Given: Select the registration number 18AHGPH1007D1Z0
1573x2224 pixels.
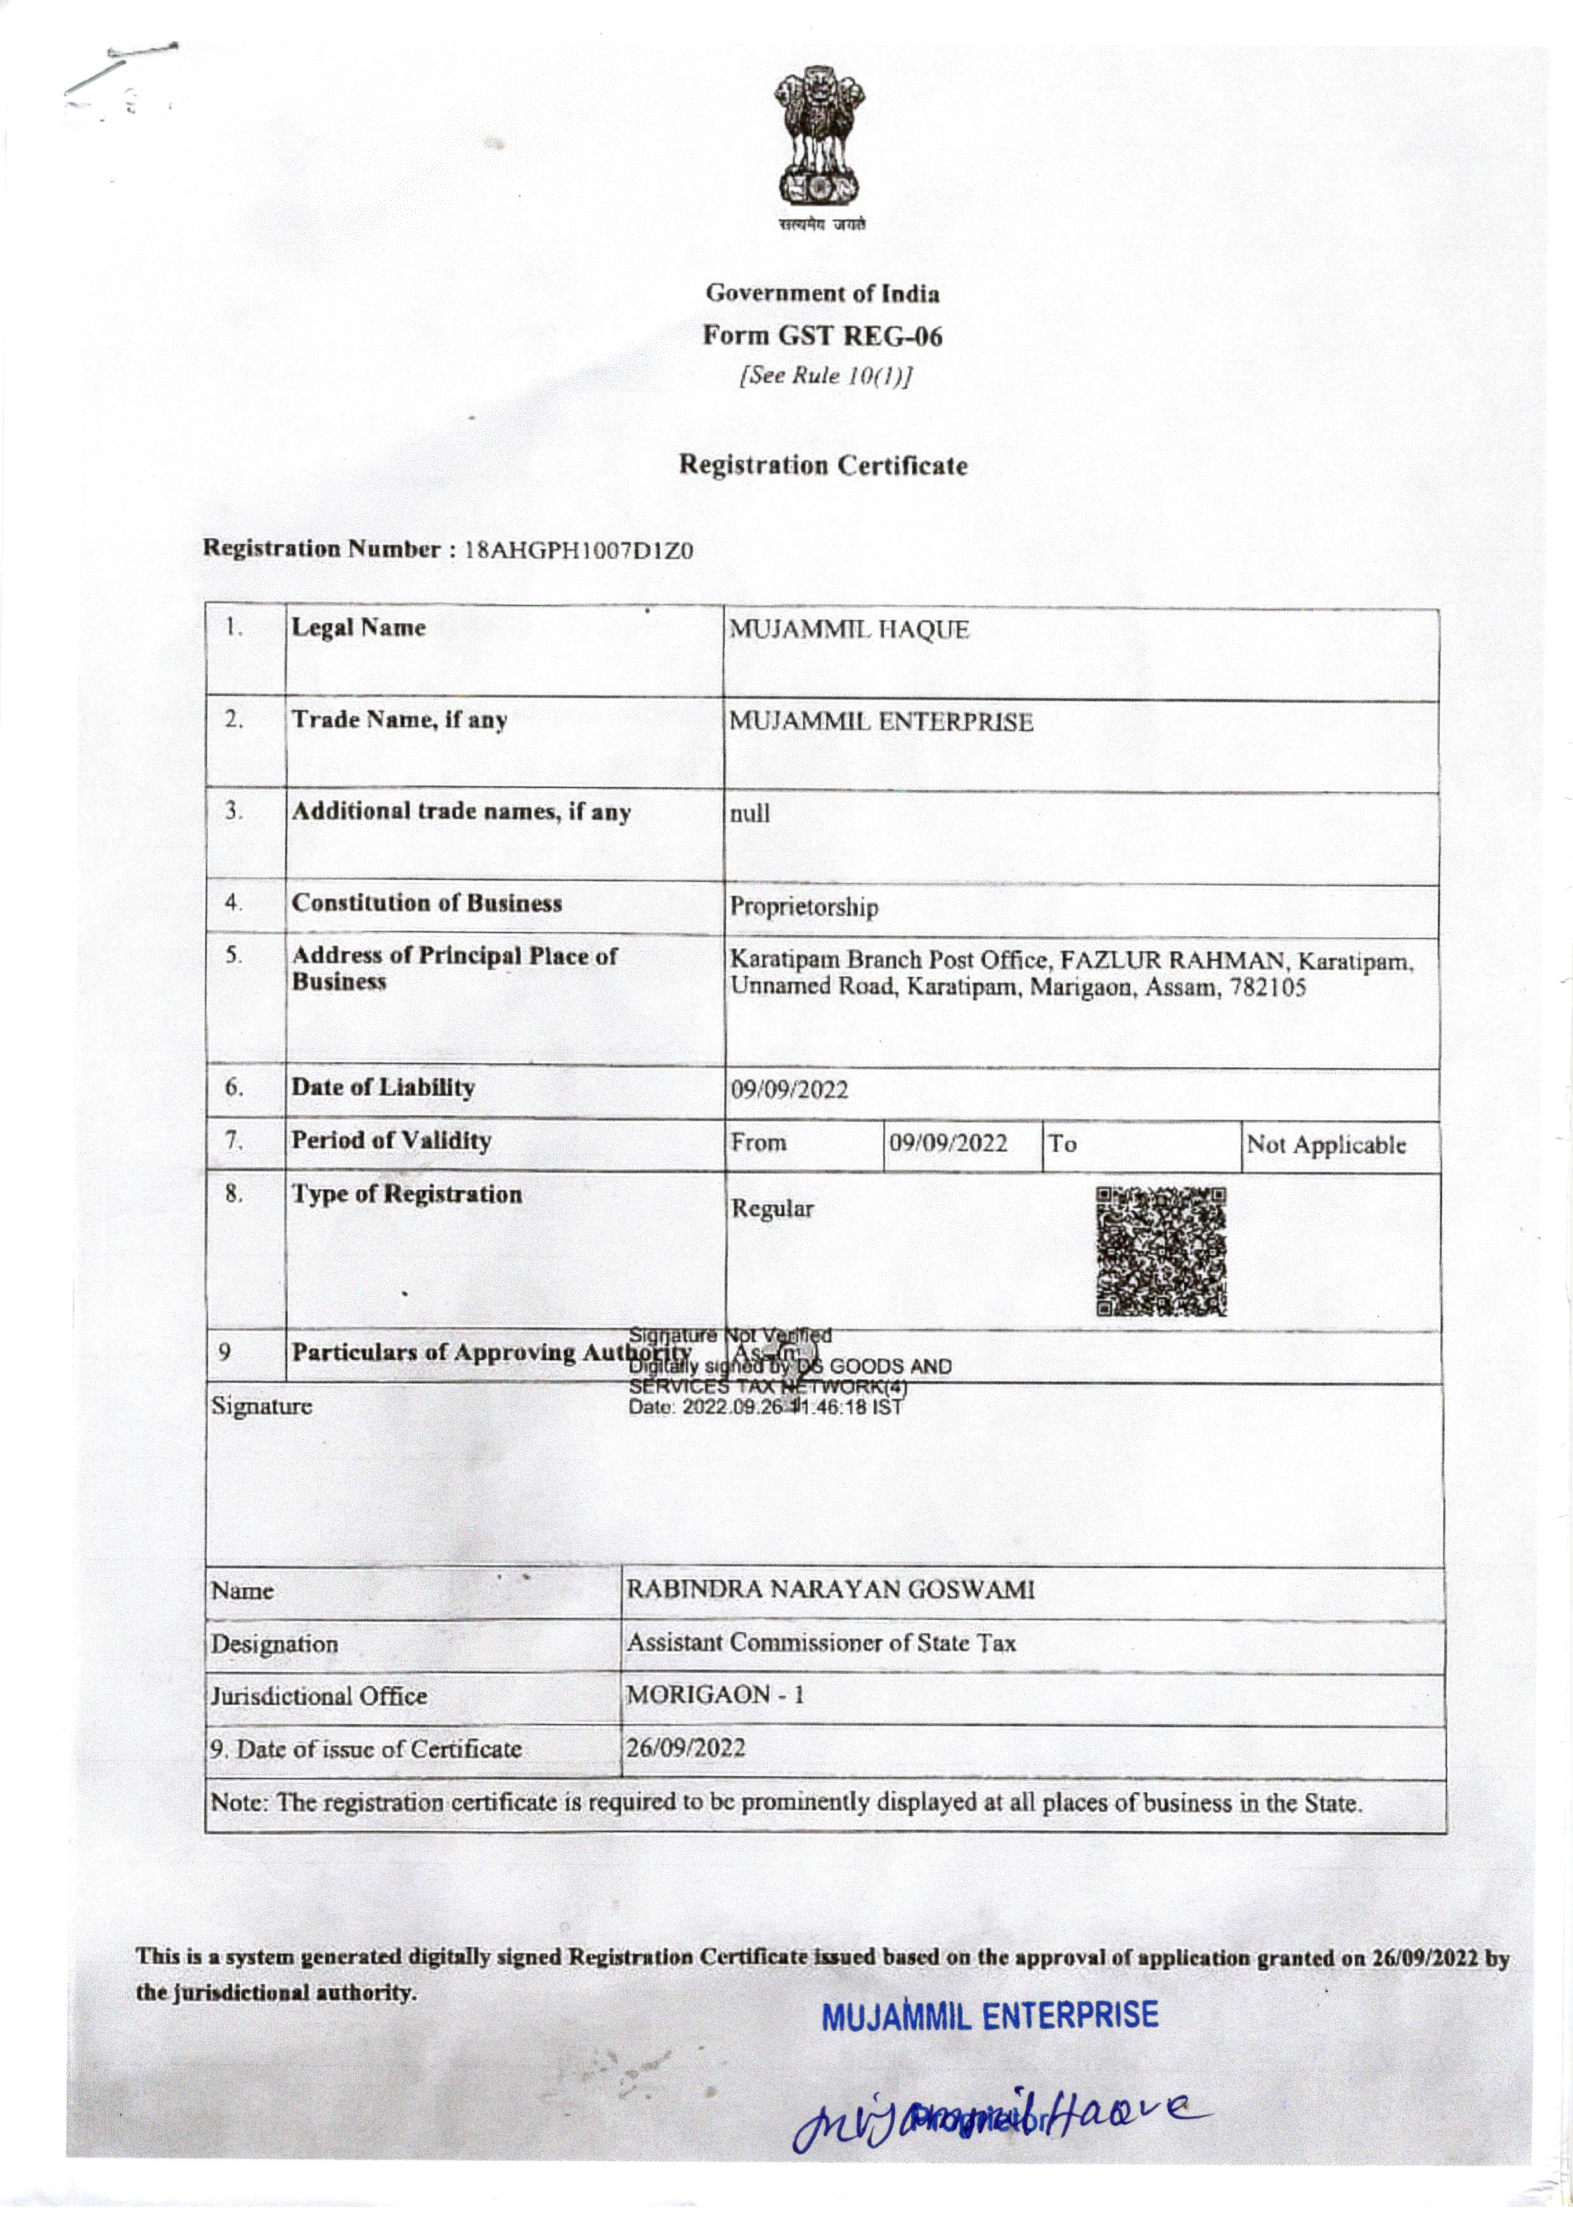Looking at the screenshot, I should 579,551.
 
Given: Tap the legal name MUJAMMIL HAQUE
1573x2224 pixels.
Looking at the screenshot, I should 848,630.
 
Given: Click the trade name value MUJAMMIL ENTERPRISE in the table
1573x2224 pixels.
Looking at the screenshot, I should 881,722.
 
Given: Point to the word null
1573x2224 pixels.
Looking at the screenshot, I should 749,814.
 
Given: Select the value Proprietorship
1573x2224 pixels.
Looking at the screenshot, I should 804,907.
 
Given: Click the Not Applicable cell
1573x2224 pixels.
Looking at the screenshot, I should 1325,1145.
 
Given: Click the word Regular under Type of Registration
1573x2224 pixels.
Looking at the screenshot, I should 772,1209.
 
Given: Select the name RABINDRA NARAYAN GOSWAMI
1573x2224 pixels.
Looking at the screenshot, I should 830,1590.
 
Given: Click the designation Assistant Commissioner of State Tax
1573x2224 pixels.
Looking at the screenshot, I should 820,1643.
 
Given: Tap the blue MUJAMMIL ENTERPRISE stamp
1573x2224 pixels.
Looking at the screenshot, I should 990,2017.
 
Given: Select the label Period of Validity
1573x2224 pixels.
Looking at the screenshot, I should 391,1140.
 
